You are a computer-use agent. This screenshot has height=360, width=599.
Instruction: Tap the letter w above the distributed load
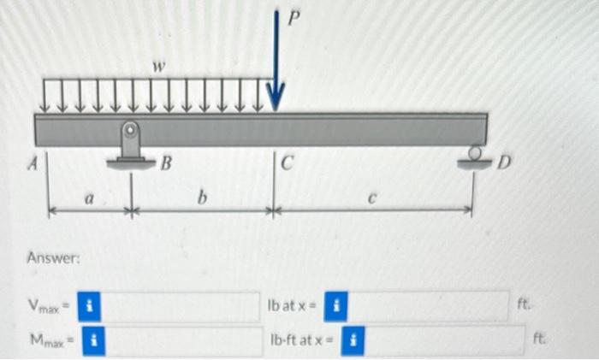coord(157,66)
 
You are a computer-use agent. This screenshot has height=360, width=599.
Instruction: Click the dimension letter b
coord(202,200)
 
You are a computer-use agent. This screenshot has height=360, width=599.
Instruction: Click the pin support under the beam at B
coord(129,145)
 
